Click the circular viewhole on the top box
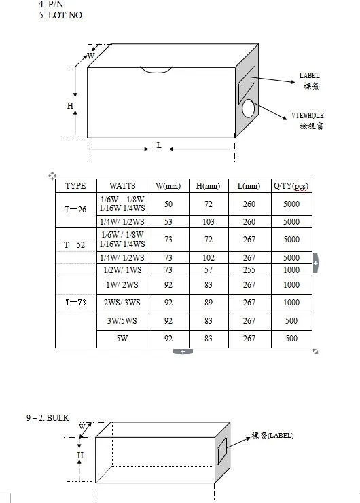point(249,109)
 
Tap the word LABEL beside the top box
point(309,75)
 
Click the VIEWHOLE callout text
point(308,115)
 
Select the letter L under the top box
point(159,145)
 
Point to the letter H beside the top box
point(70,105)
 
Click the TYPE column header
point(75,186)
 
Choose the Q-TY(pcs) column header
point(291,186)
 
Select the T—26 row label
point(75,210)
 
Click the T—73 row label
point(75,302)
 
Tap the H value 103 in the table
point(209,222)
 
